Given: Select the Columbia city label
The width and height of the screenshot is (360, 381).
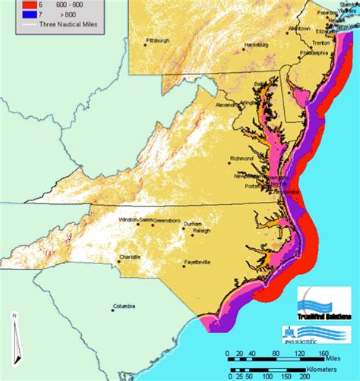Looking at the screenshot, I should pyautogui.click(x=125, y=307).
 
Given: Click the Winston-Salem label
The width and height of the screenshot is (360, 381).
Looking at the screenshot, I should pyautogui.click(x=134, y=219).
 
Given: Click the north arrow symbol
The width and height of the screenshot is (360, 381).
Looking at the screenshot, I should pyautogui.click(x=14, y=329).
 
